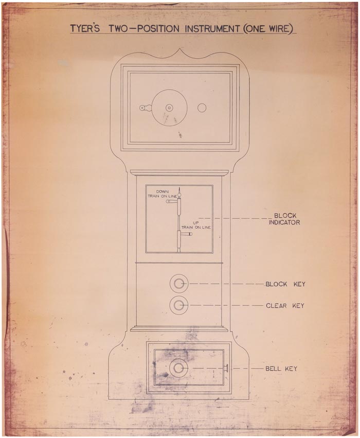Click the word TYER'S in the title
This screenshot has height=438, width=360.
click(85, 28)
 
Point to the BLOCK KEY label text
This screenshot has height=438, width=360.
click(285, 284)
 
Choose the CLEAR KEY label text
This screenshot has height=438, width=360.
click(285, 306)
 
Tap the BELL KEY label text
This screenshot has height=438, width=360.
click(281, 369)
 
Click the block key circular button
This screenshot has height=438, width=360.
click(179, 284)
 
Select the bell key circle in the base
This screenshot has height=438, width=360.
click(178, 368)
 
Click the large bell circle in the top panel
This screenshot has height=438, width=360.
click(169, 108)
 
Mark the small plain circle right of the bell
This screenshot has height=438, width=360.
click(202, 108)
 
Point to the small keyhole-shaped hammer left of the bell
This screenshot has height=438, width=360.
click(145, 108)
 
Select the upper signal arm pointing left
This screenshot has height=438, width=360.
click(171, 202)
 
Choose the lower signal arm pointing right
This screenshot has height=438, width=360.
click(186, 234)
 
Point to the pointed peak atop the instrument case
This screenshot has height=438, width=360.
click(179, 50)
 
